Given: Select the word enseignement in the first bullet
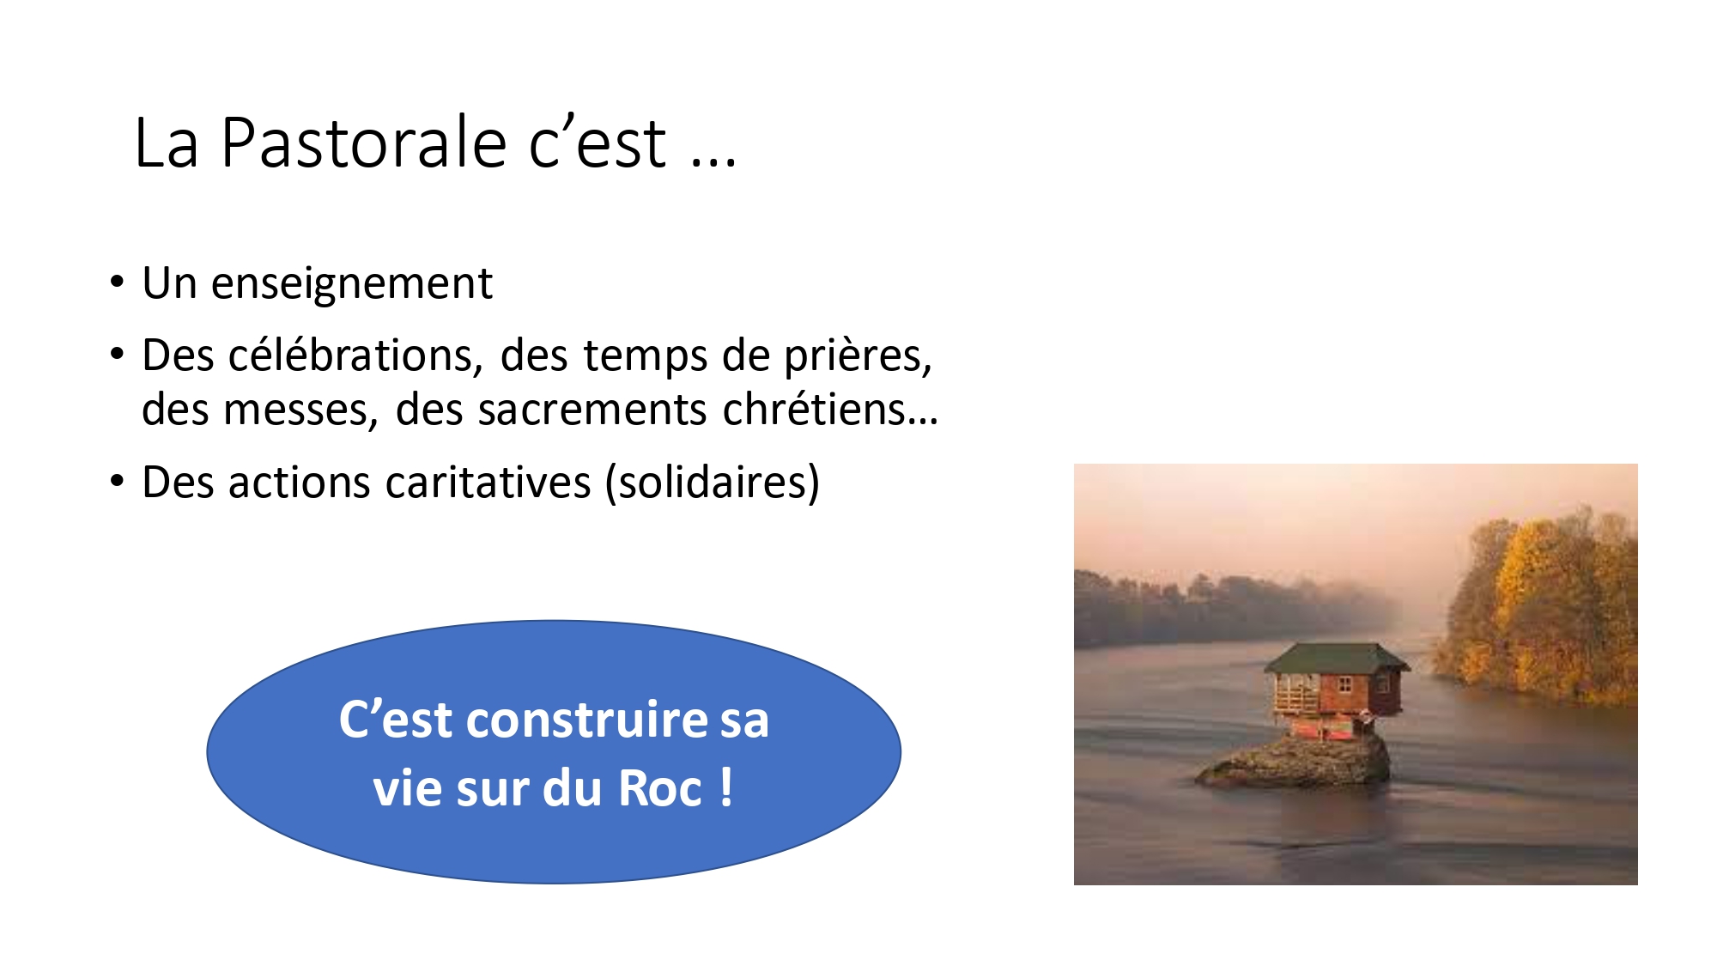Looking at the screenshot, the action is point(352,284).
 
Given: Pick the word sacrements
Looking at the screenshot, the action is point(592,410).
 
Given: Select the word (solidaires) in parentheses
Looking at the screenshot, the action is point(713,483).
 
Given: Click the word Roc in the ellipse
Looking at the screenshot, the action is point(660,788).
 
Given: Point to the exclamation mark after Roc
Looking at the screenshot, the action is point(726,787).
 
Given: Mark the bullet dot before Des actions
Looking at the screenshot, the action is point(118,482).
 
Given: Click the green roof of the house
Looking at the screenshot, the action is point(1336,659).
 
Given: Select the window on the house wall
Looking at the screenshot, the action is point(1344,686).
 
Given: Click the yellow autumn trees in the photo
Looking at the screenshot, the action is point(1537,601).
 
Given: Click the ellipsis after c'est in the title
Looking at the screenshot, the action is point(713,161).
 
